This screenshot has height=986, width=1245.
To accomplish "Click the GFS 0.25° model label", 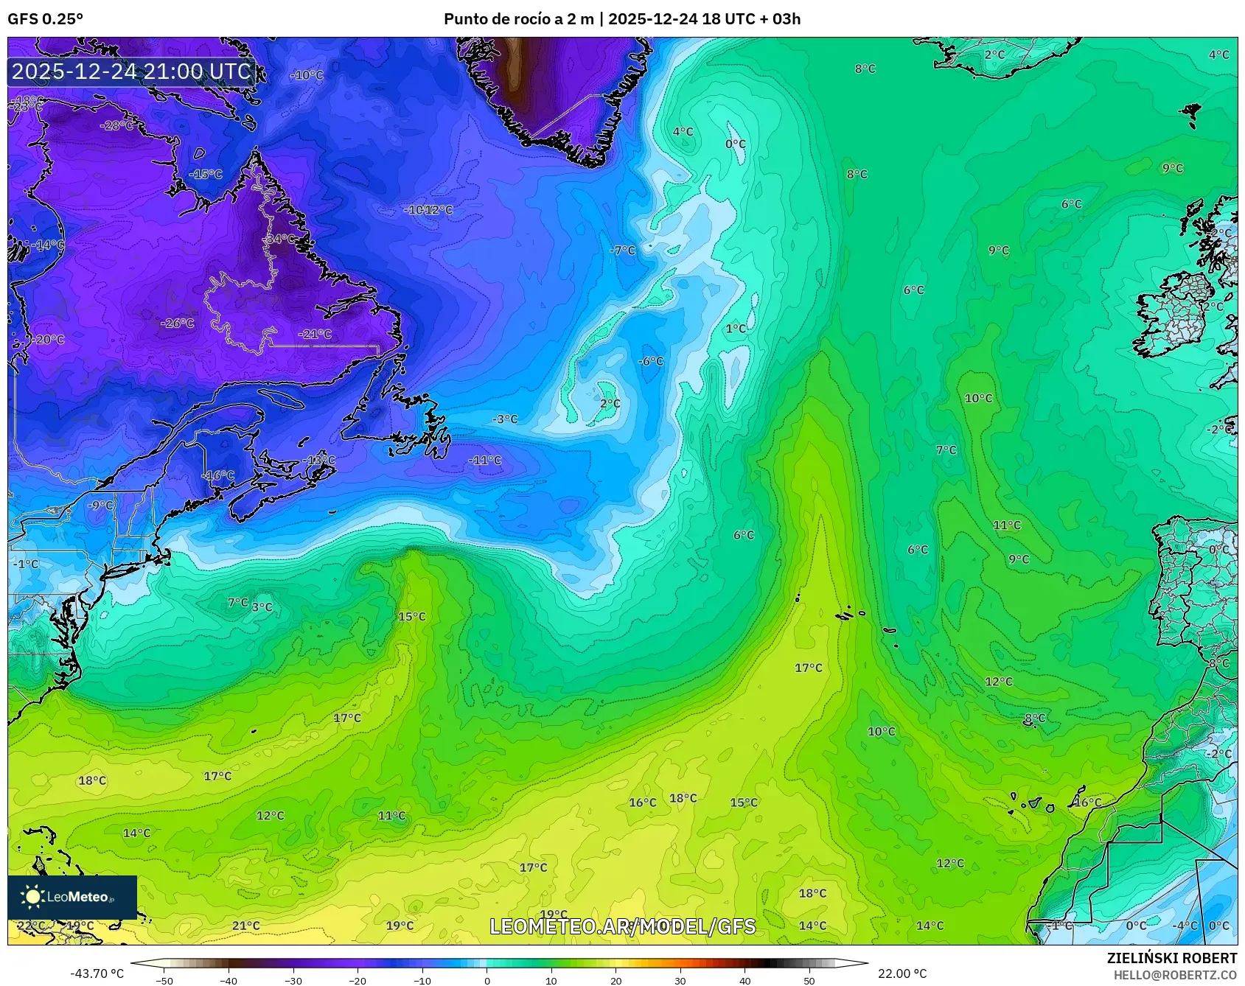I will pos(45,19).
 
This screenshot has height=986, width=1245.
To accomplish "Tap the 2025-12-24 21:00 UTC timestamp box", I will pos(131,71).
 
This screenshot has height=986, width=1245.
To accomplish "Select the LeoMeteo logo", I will pos(72,897).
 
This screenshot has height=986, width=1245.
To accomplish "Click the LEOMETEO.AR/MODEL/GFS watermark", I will pos(623,926).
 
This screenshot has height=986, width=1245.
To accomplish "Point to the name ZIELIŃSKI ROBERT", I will pos(1171,958).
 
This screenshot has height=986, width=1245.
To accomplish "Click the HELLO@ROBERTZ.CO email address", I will pos(1175,975).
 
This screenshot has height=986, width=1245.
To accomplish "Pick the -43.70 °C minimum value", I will pos(97,973).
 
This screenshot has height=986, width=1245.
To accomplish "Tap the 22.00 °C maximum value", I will pos(902,973).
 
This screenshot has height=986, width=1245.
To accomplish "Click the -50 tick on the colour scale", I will pos(164,980).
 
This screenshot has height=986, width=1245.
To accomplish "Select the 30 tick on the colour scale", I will pos(680,980).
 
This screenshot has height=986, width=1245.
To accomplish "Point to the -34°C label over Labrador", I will pos(280,239).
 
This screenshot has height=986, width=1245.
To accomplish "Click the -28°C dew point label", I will pos(116,125).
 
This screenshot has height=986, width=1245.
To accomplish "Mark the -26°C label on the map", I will pos(178,323).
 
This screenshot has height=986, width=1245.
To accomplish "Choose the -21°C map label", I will pos(315,334).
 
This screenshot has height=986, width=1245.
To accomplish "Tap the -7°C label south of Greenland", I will pos(622,250).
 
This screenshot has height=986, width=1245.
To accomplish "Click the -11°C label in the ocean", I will pos(485,460).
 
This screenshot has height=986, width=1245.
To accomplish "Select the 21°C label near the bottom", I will pos(246,926).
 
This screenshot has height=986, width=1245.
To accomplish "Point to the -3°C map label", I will pos(505,419).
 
